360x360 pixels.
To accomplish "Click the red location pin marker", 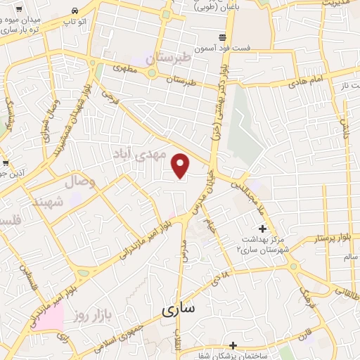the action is point(181,165).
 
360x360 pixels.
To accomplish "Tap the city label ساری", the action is point(180,309).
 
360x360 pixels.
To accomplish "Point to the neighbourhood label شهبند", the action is point(47,202).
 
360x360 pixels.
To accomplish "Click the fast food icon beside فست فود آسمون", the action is point(222,36).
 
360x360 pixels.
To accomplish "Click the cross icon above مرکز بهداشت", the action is point(263,229).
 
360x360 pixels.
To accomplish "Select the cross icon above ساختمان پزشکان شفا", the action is point(233,345).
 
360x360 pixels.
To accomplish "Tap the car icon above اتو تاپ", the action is point(75,11).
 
